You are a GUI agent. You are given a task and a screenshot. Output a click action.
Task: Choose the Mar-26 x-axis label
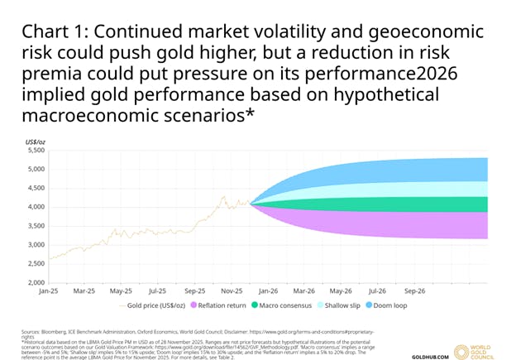(x=303, y=291)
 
